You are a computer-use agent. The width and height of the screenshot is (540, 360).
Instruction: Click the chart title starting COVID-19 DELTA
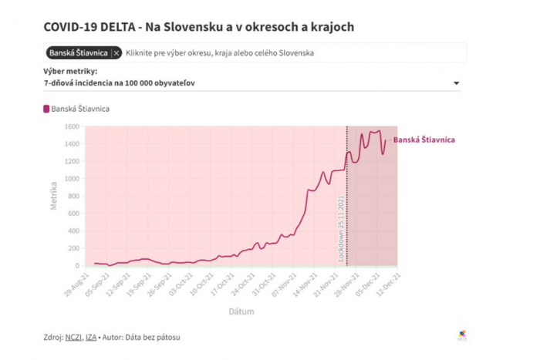(x=199, y=27)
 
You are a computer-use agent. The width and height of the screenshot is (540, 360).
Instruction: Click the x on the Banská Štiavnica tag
(x=116, y=53)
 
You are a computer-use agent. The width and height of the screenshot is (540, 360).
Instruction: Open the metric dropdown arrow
(x=456, y=83)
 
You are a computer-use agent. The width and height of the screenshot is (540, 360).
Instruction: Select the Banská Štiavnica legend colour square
(x=46, y=109)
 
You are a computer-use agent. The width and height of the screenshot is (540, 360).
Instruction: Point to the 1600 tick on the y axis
(x=72, y=126)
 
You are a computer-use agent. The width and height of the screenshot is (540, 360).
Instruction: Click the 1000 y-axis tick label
(x=72, y=179)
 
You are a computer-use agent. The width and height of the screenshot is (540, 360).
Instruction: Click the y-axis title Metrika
(x=54, y=196)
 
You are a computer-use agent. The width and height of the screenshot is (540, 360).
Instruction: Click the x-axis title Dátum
(x=241, y=311)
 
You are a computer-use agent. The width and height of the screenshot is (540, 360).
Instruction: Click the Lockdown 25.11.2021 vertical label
(x=340, y=227)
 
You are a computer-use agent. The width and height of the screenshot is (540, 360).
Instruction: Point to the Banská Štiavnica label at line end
(x=424, y=140)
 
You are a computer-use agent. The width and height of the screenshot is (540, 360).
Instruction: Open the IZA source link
(x=92, y=337)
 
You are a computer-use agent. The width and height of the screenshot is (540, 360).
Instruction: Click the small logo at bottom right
(x=463, y=335)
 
